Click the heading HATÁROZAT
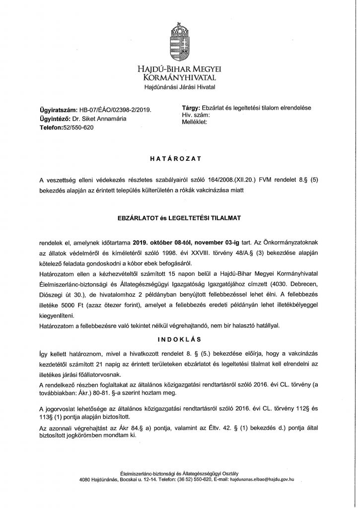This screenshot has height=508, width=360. click(x=179, y=160)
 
